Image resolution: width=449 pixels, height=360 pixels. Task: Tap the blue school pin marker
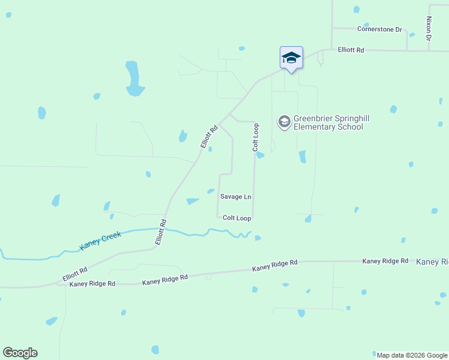(291, 58)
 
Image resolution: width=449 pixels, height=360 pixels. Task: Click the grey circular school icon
(284, 122)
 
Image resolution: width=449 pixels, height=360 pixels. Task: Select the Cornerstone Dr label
(379, 29)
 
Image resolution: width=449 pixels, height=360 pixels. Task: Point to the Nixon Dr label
(429, 28)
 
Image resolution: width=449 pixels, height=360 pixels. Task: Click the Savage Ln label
(235, 197)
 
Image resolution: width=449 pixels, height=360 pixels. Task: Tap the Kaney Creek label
(100, 241)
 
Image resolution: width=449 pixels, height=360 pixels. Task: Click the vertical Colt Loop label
(256, 137)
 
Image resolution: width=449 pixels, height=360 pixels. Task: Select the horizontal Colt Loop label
(237, 218)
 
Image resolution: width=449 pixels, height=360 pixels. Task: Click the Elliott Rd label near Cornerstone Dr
(351, 50)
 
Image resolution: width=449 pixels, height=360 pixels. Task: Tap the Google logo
(20, 353)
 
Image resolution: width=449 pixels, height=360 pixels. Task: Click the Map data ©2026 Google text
(412, 355)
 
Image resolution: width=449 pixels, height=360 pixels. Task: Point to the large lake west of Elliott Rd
(133, 79)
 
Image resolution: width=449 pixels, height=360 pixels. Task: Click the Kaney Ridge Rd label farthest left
(92, 284)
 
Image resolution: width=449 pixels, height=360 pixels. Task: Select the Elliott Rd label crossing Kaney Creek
(161, 231)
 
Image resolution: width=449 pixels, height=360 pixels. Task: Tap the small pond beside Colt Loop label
(260, 155)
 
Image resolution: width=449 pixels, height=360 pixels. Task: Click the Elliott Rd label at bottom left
(74, 275)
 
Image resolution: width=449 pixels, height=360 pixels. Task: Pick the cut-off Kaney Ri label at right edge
(432, 262)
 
